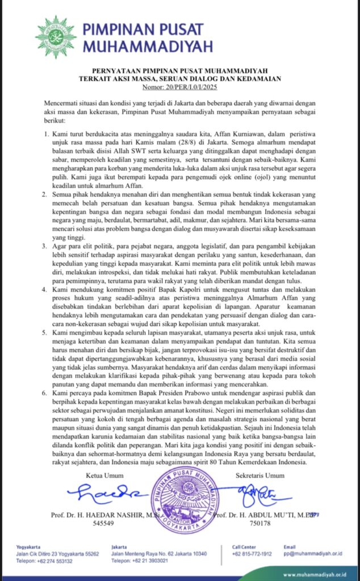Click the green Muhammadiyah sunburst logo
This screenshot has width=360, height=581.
56,37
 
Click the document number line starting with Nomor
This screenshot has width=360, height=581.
180,87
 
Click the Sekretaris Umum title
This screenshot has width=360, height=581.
261,474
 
